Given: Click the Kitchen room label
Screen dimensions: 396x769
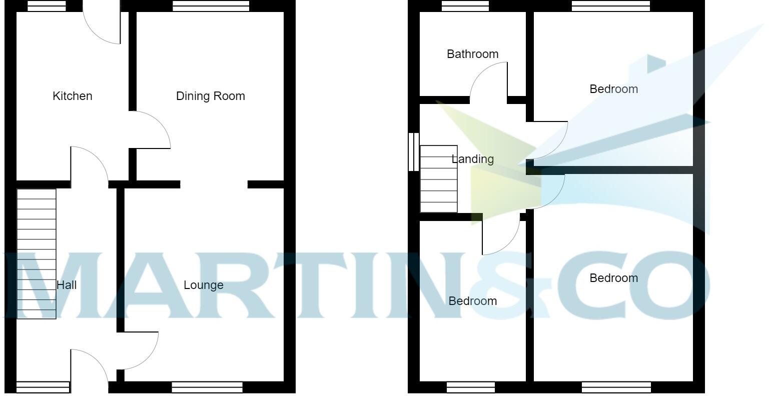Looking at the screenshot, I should click(73, 96).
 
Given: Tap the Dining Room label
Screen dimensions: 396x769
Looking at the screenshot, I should click(210, 96).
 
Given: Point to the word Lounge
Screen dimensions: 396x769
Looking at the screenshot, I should click(203, 285).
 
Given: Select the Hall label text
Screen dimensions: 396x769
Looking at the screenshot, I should click(67, 285).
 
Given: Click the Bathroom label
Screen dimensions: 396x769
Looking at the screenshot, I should click(472, 54).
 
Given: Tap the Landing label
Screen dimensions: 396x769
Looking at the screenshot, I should click(473, 159).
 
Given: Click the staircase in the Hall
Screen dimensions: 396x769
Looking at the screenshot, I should click(37, 253).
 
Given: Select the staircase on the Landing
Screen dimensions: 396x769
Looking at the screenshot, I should click(439, 178).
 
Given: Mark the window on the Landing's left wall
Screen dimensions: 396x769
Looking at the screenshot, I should click(414, 152).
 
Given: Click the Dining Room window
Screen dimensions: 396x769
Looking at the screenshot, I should click(211, 6).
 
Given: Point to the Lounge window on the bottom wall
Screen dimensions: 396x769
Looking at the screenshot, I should click(207, 387).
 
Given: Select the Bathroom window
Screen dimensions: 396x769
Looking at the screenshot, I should click(465, 6).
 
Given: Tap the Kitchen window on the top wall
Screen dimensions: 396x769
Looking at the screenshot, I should click(47, 6).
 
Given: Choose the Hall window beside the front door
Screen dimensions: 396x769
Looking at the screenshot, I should click(43, 387).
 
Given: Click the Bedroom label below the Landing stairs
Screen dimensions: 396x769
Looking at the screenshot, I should click(472, 301).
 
